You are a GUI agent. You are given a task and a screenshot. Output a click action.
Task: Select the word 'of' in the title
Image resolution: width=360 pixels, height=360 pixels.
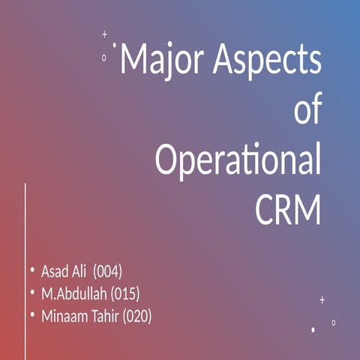point(307,111)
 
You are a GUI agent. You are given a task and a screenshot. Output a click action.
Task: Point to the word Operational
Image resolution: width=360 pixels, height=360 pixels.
point(238,161)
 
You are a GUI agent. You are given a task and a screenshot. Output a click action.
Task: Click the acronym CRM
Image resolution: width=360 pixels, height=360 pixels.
point(288,210)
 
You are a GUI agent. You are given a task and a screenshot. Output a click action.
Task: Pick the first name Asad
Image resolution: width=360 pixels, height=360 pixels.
point(55,271)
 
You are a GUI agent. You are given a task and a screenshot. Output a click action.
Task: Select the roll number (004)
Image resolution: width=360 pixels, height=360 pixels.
point(108,271)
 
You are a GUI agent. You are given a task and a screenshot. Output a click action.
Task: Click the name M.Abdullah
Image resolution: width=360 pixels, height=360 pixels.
point(73,293)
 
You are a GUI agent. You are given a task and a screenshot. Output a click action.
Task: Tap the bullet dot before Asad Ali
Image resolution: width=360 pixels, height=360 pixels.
point(32,269)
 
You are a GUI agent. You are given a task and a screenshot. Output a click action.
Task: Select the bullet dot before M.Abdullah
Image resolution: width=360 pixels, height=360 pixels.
point(32,292)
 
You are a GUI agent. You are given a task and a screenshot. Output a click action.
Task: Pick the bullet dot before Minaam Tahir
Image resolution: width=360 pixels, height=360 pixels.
point(32,315)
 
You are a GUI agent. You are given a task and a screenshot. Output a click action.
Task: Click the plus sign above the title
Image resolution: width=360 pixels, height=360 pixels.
point(104,34)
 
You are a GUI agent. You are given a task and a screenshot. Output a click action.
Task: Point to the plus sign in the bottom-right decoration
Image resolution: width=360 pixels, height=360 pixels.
point(322,299)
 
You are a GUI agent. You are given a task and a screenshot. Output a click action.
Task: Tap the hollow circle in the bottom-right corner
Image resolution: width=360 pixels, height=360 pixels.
point(334,322)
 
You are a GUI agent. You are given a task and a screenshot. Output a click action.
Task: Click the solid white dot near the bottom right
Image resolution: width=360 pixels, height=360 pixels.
point(313,329)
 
